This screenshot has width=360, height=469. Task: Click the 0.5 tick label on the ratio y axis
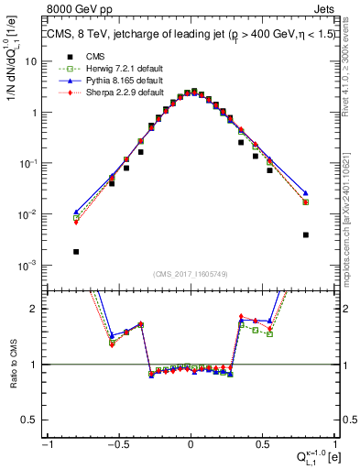33,420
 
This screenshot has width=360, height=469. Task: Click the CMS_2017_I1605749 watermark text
191,275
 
